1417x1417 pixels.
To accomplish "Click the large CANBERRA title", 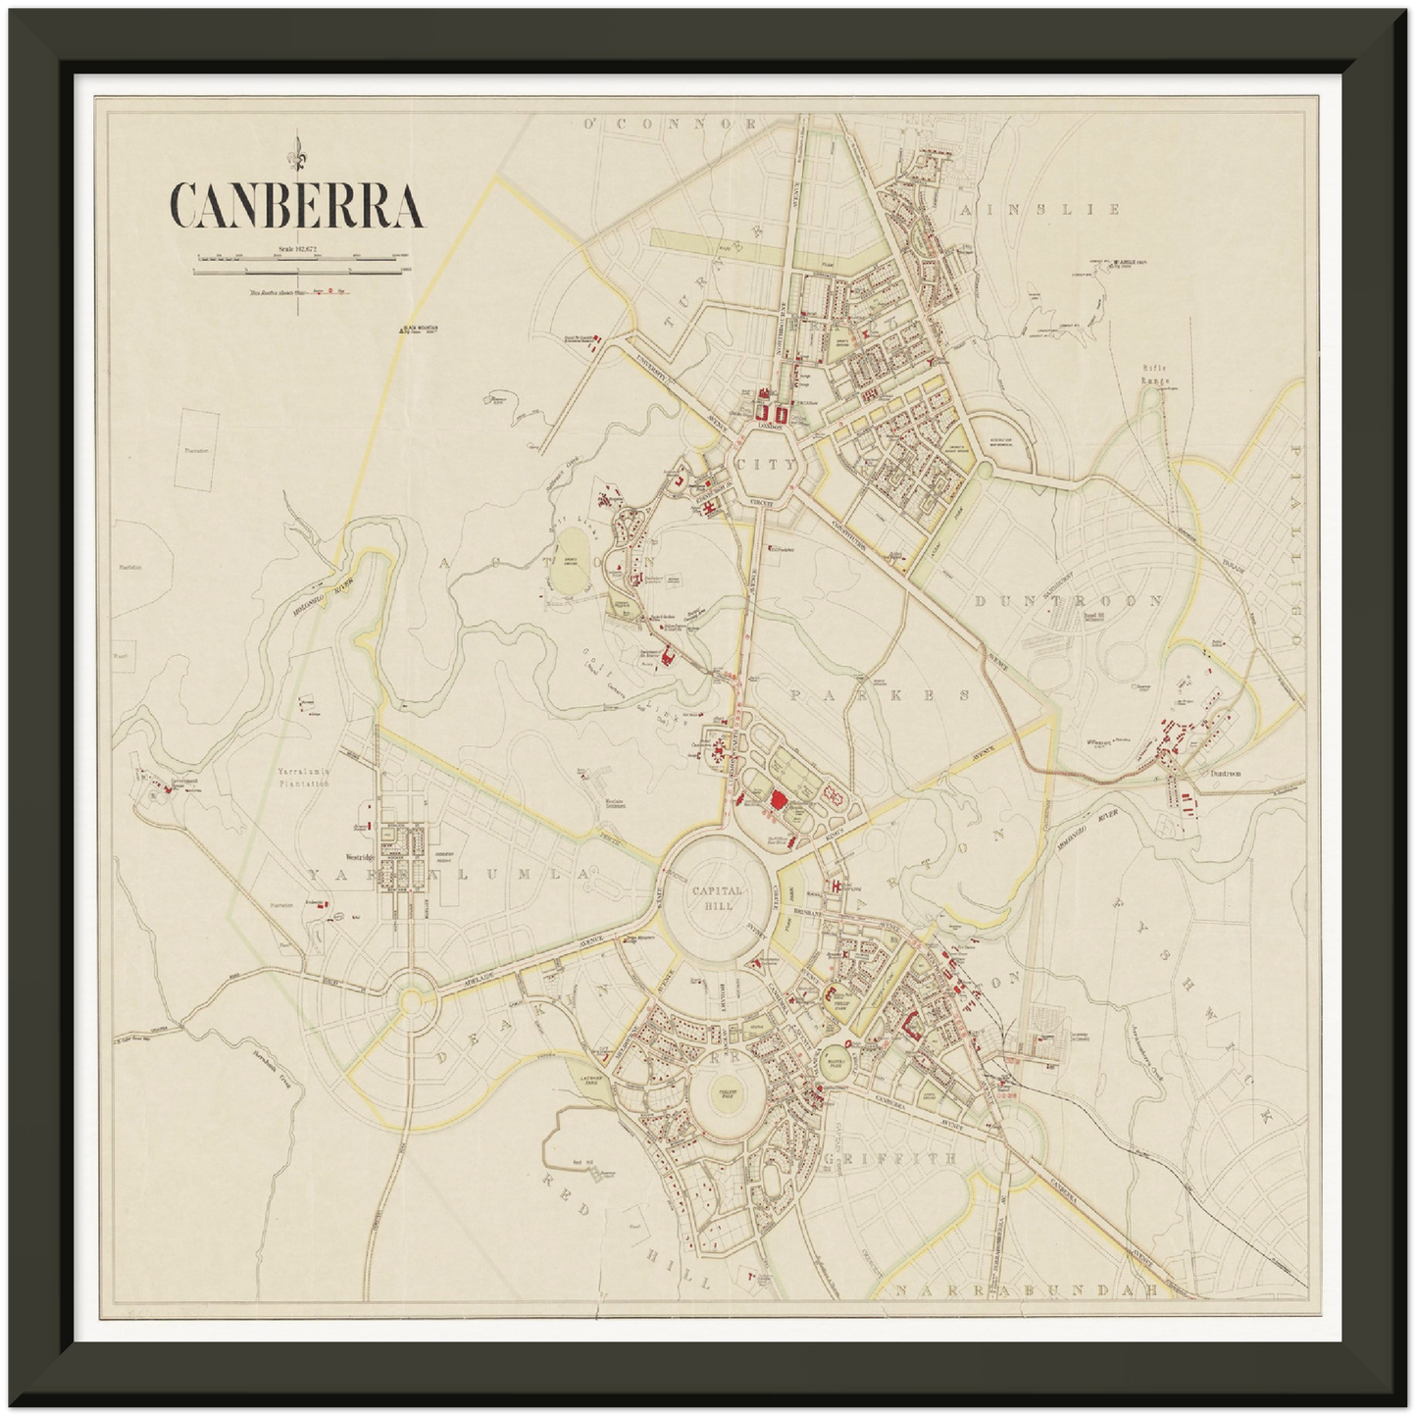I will [x=297, y=205].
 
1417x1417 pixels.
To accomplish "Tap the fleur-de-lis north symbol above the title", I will [x=297, y=152].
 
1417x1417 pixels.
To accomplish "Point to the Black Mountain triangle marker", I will [x=400, y=331].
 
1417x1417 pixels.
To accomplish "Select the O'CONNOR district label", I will [x=671, y=125].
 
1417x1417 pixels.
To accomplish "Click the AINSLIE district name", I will [x=1040, y=210].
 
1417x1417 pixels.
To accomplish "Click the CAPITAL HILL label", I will [x=718, y=898].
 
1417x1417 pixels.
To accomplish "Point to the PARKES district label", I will [x=880, y=695].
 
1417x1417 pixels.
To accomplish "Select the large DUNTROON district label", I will [x=1069, y=602].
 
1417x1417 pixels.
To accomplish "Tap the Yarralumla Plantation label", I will [x=303, y=779].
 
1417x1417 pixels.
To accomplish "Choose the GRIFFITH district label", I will [x=889, y=1158].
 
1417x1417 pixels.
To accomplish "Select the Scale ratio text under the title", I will [x=297, y=249].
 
